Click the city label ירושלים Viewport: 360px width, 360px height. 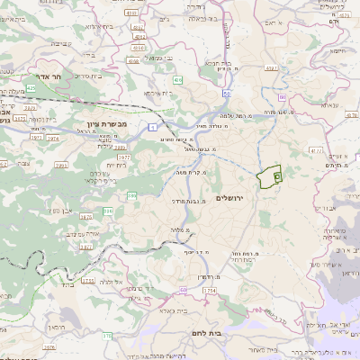point(231,198)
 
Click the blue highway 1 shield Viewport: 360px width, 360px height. point(153,128)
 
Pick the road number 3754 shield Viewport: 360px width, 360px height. point(210,291)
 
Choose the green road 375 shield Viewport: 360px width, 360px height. point(107,336)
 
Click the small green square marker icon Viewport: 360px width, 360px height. point(277,177)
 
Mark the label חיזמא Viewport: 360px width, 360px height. point(337,51)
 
